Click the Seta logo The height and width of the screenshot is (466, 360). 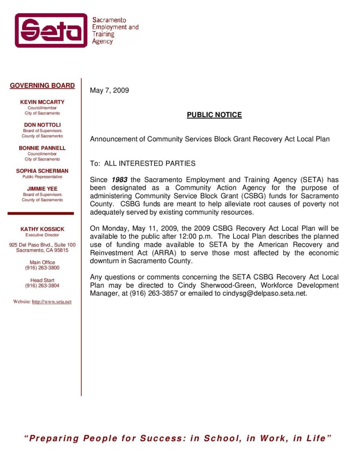pyautogui.click(x=51, y=30)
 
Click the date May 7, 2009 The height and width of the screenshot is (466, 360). pyautogui.click(x=109, y=90)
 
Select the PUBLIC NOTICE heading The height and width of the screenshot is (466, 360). pyautogui.click(x=214, y=115)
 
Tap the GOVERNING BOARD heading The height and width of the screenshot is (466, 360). pyautogui.click(x=42, y=85)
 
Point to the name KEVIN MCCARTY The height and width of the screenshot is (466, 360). pyautogui.click(x=42, y=102)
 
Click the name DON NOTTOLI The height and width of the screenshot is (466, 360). pyautogui.click(x=42, y=125)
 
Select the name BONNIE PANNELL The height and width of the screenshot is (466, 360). pyautogui.click(x=42, y=148)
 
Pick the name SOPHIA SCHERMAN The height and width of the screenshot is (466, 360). pyautogui.click(x=42, y=171)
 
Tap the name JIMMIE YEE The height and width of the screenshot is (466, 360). pyautogui.click(x=42, y=189)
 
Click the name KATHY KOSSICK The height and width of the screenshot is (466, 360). pyautogui.click(x=42, y=229)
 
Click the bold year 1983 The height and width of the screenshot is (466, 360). pyautogui.click(x=119, y=180)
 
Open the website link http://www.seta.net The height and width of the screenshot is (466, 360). pyautogui.click(x=52, y=302)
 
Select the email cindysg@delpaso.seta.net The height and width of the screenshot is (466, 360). pyautogui.click(x=264, y=294)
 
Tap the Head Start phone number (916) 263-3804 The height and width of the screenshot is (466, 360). pyautogui.click(x=42, y=286)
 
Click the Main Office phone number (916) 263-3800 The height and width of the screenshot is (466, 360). pyautogui.click(x=42, y=268)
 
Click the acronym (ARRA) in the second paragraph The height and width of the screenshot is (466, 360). pyautogui.click(x=164, y=253)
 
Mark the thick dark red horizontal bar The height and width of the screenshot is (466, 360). pyautogui.click(x=41, y=213)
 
